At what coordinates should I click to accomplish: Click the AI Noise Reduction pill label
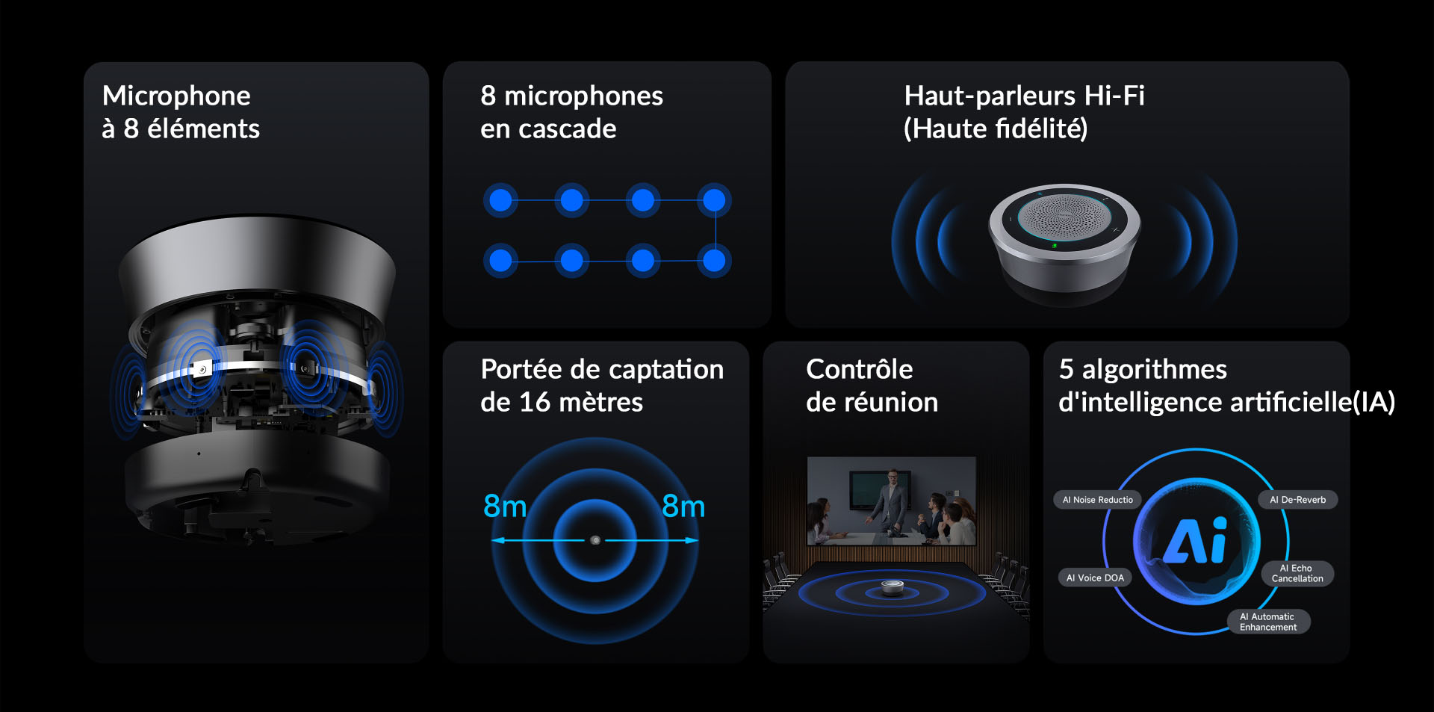(1097, 500)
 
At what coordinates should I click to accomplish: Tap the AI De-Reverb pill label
(1298, 500)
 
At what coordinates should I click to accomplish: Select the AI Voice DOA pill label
(1095, 578)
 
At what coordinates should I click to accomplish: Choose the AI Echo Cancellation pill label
(1297, 573)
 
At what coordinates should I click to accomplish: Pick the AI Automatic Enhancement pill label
(1268, 622)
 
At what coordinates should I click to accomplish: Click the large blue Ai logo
(1196, 540)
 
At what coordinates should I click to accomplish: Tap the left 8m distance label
(505, 507)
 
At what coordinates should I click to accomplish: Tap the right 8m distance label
(683, 507)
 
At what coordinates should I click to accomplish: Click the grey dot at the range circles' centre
(595, 540)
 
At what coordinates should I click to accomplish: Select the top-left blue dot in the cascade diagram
(500, 200)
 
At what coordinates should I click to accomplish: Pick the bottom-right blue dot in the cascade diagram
(714, 261)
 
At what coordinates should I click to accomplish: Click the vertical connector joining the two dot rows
(716, 231)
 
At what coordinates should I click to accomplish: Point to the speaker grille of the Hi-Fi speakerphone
(1064, 215)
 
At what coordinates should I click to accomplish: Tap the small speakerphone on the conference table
(892, 588)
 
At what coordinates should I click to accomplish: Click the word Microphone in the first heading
(176, 96)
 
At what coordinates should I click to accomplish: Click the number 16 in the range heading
(535, 403)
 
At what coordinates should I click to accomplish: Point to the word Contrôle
(860, 369)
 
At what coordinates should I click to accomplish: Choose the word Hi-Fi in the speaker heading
(1114, 96)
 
